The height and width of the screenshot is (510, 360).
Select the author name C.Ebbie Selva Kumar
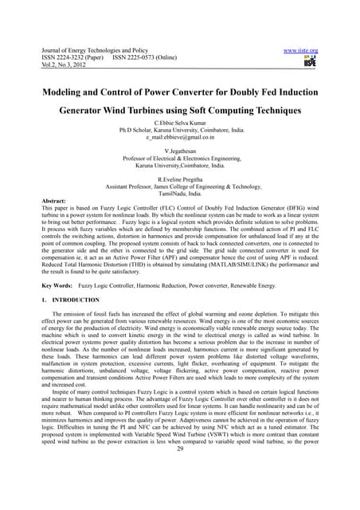pos(179,124)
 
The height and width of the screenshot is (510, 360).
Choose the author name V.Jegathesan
pos(179,151)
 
